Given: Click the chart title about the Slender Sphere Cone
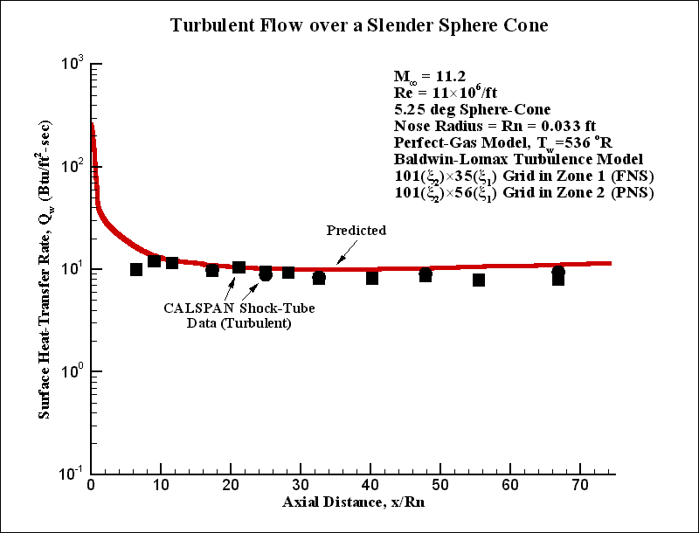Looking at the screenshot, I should tap(359, 26).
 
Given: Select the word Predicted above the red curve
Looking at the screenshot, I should tap(356, 231).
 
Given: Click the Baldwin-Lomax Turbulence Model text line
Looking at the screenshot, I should tap(519, 160).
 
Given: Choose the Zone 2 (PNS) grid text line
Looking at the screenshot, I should tap(523, 194).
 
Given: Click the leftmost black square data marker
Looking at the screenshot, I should tap(136, 269).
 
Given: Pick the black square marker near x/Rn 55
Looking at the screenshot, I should tap(479, 280).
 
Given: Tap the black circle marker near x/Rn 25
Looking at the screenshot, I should tap(266, 274).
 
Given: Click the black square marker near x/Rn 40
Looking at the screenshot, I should tap(372, 278).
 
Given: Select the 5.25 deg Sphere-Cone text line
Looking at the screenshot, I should tap(472, 110).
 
